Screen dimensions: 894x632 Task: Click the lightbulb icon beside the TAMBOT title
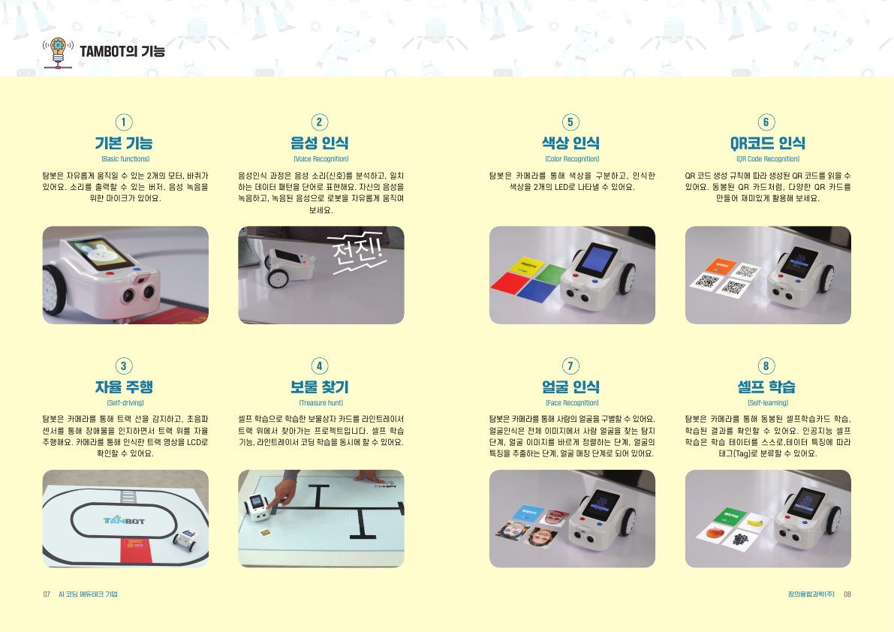58,53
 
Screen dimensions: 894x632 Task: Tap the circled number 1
124,122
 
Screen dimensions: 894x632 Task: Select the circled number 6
766,122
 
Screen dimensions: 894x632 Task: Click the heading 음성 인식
319,143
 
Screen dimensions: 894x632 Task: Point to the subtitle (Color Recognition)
572,159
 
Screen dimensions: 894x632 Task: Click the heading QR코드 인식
767,143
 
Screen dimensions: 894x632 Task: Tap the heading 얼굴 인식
570,387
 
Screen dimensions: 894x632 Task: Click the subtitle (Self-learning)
767,403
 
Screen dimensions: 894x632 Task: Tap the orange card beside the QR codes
721,266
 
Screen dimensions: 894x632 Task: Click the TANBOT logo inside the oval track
125,520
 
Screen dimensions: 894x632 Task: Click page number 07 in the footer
47,594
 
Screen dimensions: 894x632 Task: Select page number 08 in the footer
847,594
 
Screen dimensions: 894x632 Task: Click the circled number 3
124,366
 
